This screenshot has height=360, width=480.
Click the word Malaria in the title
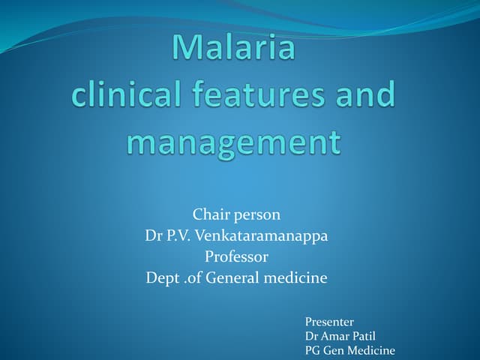[x=233, y=48]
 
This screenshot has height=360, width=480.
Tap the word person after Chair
[x=257, y=216]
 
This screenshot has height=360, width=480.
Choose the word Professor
[x=236, y=256]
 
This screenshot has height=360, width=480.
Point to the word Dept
[x=163, y=278]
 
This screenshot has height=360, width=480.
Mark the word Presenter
[x=329, y=322]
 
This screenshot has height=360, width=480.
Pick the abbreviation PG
[x=312, y=350]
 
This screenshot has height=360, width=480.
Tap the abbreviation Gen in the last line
[x=334, y=350]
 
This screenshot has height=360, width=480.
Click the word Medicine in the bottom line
[x=372, y=350]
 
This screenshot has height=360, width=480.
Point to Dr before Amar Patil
[x=311, y=336]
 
